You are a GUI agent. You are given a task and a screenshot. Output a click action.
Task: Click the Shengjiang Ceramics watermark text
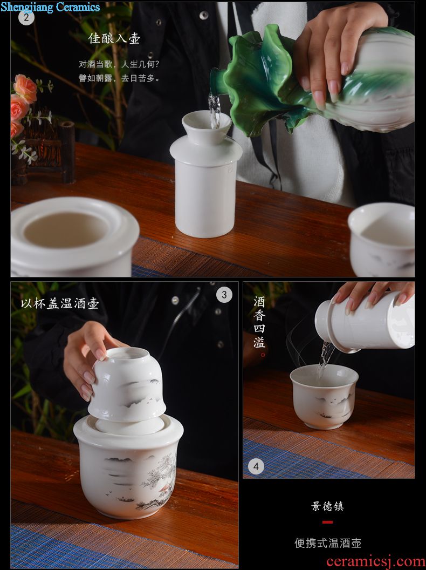(51, 7)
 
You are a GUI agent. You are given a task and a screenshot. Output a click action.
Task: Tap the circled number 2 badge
(26, 17)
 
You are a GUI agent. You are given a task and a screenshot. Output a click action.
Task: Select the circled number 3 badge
(224, 295)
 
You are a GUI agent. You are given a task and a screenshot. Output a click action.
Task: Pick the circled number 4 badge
(256, 466)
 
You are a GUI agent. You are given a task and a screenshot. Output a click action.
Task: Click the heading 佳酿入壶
(114, 38)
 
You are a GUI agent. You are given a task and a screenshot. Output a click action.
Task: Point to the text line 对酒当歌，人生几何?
(119, 64)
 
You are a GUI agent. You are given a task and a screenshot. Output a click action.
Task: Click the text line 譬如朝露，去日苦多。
(119, 78)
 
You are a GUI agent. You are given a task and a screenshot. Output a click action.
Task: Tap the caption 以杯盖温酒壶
(59, 303)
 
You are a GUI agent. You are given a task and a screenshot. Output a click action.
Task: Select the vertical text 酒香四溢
(259, 322)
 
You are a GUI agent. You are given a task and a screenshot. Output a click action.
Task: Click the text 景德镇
(327, 506)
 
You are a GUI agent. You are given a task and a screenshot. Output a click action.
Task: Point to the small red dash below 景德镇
(327, 522)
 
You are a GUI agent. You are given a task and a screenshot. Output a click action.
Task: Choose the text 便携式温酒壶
(327, 543)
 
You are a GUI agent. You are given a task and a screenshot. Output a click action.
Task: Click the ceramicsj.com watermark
(375, 562)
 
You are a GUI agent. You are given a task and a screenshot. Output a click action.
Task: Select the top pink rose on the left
(25, 88)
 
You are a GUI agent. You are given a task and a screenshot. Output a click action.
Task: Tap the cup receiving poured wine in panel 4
(324, 396)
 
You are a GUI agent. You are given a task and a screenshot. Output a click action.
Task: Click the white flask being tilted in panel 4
(365, 322)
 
